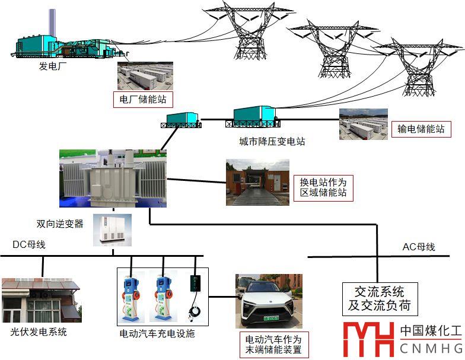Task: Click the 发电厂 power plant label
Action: point(52,66)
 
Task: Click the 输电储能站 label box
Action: point(421,129)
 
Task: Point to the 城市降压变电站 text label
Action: point(272,142)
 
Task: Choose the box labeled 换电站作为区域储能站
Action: point(323,187)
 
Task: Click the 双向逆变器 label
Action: point(60,224)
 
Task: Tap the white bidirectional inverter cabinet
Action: point(112,230)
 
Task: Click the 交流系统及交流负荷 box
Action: point(380,298)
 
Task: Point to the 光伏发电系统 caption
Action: point(39,332)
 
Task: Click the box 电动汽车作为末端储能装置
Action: point(273,345)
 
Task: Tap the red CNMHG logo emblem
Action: point(368,339)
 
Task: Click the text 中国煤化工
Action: point(430,330)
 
